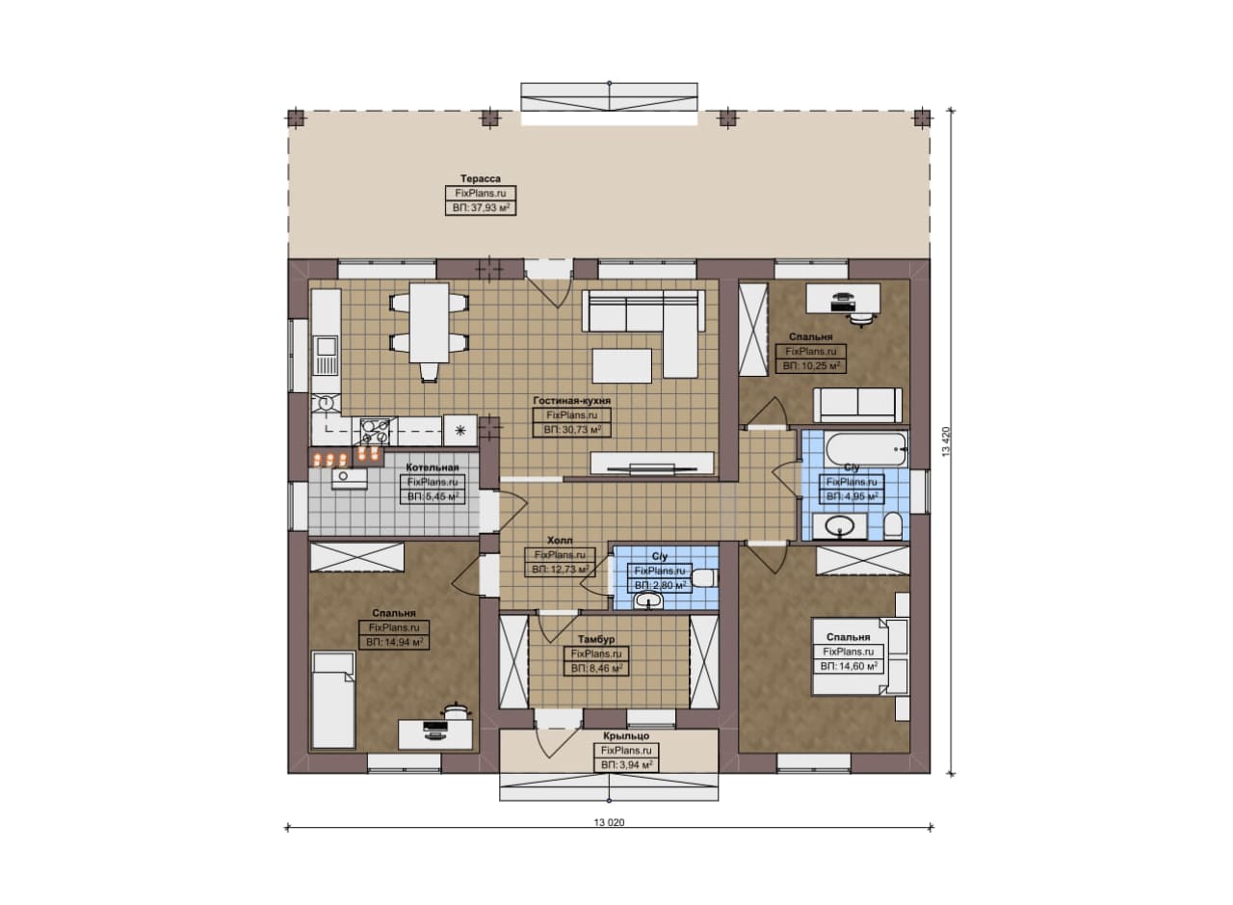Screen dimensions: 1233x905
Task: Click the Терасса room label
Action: (481, 178)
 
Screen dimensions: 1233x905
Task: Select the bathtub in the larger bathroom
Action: (866, 449)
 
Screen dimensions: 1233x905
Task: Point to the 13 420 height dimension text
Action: (946, 441)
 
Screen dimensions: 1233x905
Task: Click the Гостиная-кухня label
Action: (571, 401)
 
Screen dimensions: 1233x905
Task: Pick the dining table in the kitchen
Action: (429, 323)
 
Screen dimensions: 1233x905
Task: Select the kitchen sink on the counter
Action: (326, 356)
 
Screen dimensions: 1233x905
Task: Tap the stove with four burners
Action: (376, 431)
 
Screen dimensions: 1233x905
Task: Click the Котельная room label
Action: (433, 467)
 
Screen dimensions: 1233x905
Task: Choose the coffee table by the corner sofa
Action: (622, 365)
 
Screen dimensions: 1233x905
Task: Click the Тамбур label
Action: (596, 639)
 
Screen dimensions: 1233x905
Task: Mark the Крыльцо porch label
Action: (626, 736)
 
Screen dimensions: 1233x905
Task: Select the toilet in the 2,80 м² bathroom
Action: (704, 578)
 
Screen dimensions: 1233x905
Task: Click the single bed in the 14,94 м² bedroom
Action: (333, 700)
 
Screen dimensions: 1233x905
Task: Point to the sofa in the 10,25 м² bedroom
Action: (857, 405)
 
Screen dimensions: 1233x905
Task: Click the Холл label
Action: (560, 541)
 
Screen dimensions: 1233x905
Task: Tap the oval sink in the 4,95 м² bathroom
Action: (839, 526)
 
